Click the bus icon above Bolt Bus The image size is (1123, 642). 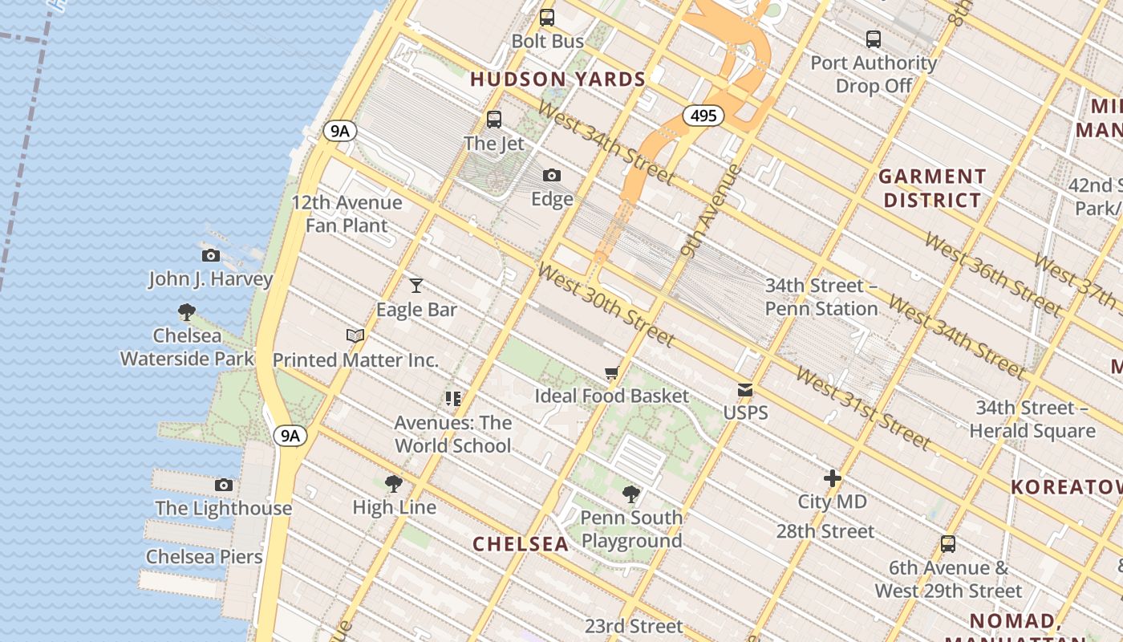pyautogui.click(x=547, y=17)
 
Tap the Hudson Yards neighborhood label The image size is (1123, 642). pyautogui.click(x=557, y=79)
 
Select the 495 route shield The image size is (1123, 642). pyautogui.click(x=703, y=116)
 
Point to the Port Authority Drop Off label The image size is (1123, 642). pyautogui.click(x=874, y=74)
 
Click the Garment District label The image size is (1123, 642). pyautogui.click(x=932, y=188)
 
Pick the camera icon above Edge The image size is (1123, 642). pyautogui.click(x=552, y=175)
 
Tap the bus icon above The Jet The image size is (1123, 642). pyautogui.click(x=494, y=120)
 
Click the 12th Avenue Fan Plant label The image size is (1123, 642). pyautogui.click(x=347, y=214)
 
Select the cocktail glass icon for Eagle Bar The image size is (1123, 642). pyautogui.click(x=416, y=286)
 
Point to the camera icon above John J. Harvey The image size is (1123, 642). pyautogui.click(x=211, y=256)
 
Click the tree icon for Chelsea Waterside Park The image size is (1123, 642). pyautogui.click(x=187, y=311)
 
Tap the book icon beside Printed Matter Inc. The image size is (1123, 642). pyautogui.click(x=355, y=335)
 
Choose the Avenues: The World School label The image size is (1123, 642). pyautogui.click(x=452, y=434)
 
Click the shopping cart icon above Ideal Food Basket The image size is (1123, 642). pyautogui.click(x=612, y=372)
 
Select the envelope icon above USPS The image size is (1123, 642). pyautogui.click(x=745, y=390)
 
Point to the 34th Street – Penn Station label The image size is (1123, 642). pyautogui.click(x=821, y=297)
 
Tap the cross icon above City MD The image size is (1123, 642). pyautogui.click(x=833, y=478)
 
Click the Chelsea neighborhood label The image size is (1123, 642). pyautogui.click(x=521, y=544)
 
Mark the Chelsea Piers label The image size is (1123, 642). pyautogui.click(x=205, y=557)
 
